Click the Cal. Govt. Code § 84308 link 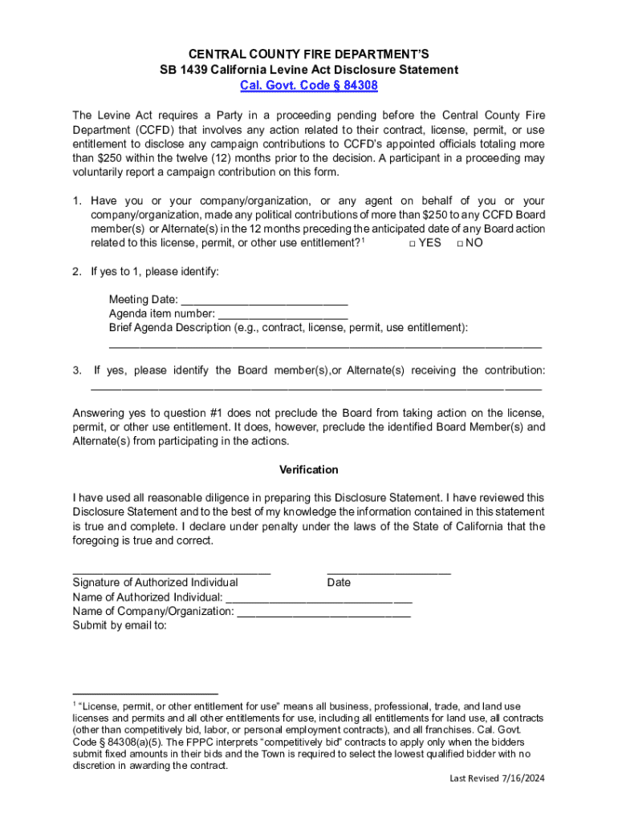pyautogui.click(x=309, y=86)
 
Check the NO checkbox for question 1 pyautogui.click(x=460, y=244)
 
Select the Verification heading pyautogui.click(x=309, y=470)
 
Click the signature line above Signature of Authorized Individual pyautogui.click(x=171, y=571)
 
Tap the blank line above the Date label pyautogui.click(x=388, y=571)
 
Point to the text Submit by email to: pyautogui.click(x=120, y=626)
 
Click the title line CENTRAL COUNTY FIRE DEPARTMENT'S pyautogui.click(x=309, y=55)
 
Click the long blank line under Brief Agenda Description pyautogui.click(x=325, y=344)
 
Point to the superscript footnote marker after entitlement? pyautogui.click(x=364, y=240)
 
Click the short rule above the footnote pyautogui.click(x=145, y=692)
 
